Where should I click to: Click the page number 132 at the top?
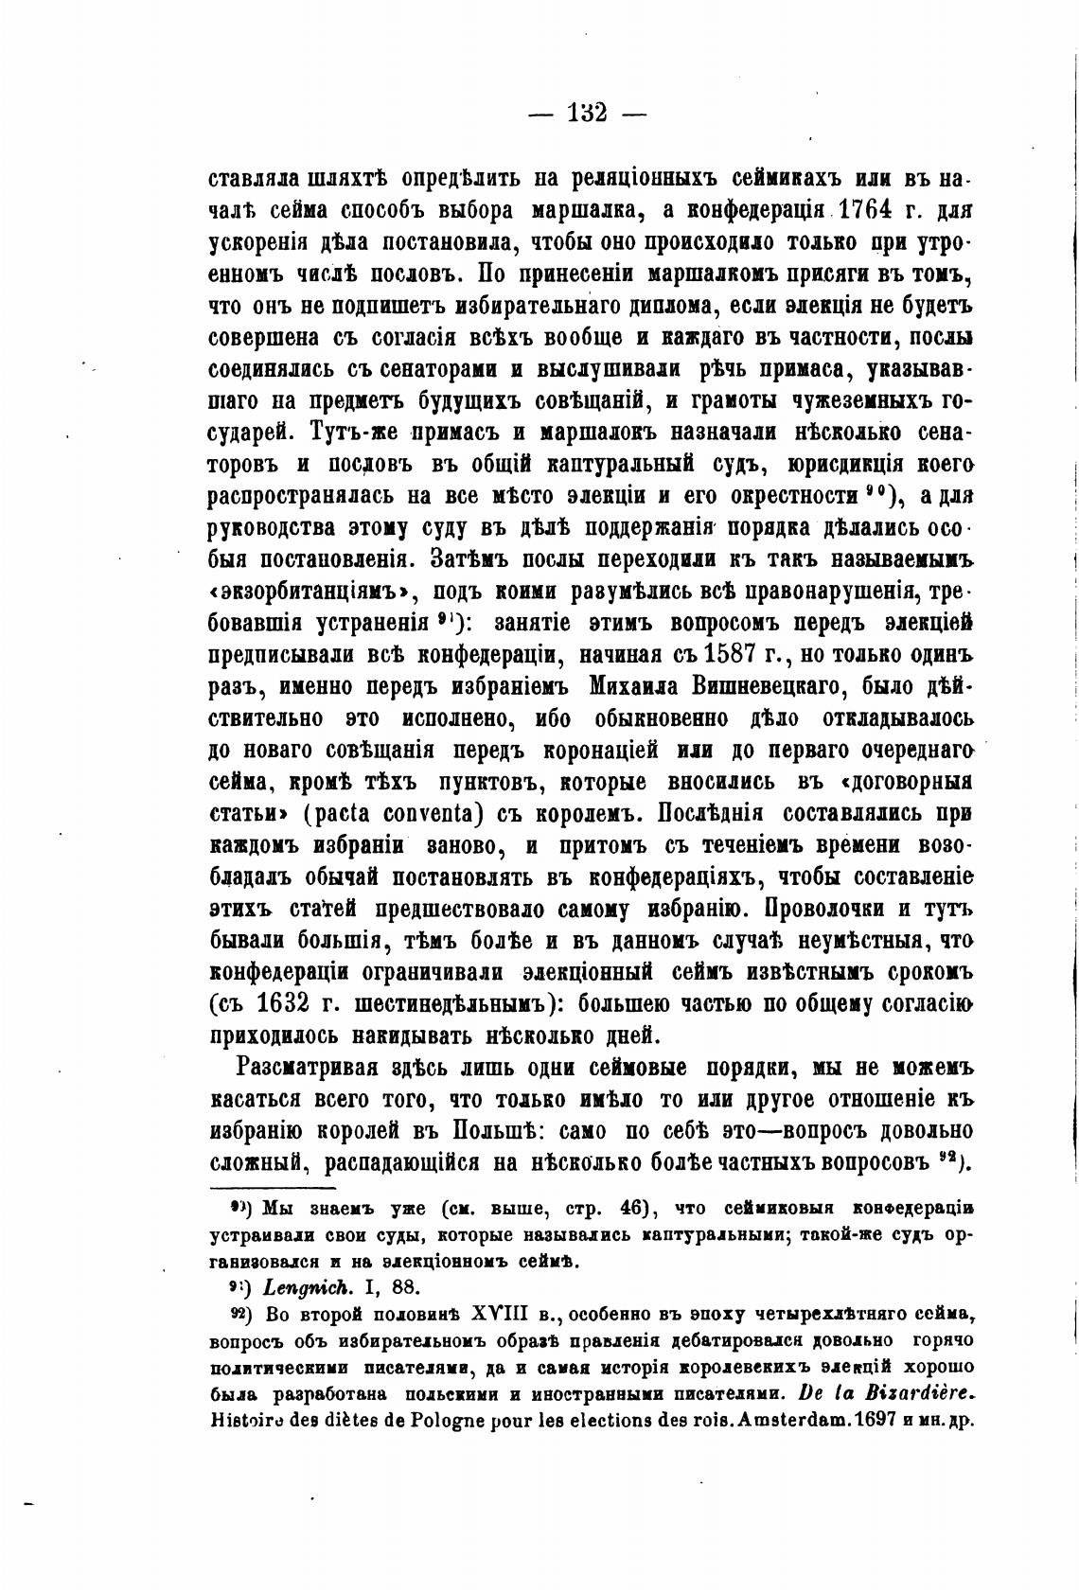click(x=587, y=114)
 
